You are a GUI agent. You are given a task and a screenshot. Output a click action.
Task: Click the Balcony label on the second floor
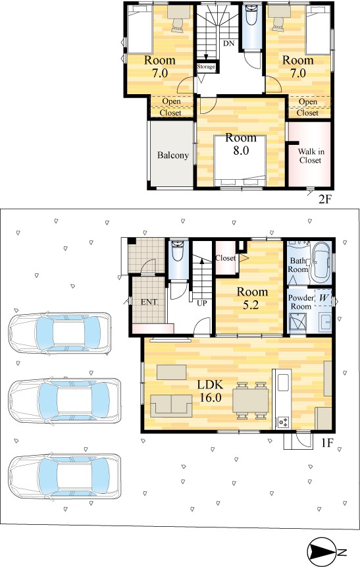(x=173, y=155)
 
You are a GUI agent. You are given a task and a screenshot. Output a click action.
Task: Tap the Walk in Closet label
(x=311, y=156)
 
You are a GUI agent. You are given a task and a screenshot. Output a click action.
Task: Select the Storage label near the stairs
(x=206, y=67)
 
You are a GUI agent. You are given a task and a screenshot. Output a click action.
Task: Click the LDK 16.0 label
(x=210, y=391)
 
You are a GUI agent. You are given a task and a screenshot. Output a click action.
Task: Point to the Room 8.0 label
(x=241, y=144)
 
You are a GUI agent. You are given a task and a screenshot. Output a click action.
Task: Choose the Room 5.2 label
(x=252, y=298)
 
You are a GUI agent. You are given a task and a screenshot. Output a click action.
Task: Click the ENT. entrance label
(x=149, y=302)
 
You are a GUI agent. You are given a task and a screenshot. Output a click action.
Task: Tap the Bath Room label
(x=298, y=265)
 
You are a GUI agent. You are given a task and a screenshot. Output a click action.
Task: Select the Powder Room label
(x=301, y=302)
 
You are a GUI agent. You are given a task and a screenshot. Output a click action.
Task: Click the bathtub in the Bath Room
(x=321, y=263)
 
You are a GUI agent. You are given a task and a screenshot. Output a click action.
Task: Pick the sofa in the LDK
(x=172, y=406)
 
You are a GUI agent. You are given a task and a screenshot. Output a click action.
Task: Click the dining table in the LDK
(x=251, y=400)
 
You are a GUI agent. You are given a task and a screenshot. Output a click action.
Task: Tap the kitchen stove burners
(x=284, y=422)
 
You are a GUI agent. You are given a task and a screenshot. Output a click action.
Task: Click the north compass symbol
(x=322, y=552)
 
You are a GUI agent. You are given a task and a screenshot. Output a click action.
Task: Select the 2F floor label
(x=324, y=199)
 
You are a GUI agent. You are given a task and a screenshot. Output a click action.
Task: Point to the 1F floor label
(x=326, y=443)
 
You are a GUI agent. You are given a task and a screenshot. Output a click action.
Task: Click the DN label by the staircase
(x=228, y=43)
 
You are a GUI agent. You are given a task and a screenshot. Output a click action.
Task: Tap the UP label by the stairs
(x=201, y=303)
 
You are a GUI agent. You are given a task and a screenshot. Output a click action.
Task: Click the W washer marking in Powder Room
(x=324, y=298)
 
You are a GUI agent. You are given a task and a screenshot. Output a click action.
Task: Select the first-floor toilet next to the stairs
(x=178, y=252)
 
